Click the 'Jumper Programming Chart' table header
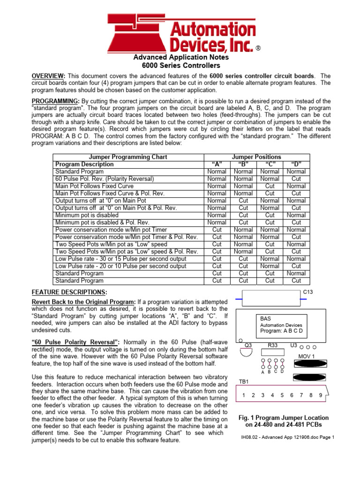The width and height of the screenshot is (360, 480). (x=128, y=157)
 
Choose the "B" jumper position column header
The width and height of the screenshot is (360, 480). (x=243, y=165)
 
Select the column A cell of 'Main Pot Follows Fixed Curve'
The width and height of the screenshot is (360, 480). (x=217, y=186)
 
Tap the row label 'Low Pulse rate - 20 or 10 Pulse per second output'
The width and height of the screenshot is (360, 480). (x=120, y=266)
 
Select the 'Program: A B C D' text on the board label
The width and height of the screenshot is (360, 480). (x=281, y=330)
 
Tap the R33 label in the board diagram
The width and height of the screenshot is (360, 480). (x=272, y=345)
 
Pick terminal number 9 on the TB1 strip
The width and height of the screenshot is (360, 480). (x=320, y=395)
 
